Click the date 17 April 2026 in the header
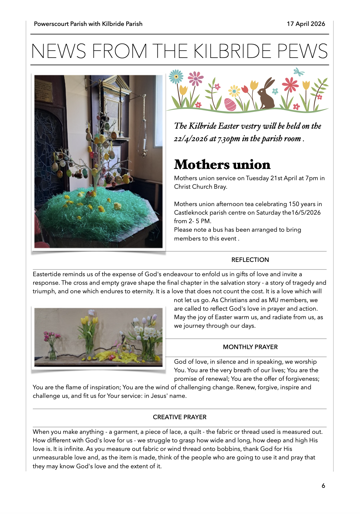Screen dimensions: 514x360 (x=306, y=24)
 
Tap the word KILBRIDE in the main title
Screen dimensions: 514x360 (x=232, y=51)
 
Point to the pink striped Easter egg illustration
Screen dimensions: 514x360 (x=230, y=104)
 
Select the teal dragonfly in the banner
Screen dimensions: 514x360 (x=299, y=72)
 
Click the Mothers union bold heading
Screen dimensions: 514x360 (x=222, y=165)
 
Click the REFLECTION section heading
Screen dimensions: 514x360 (x=250, y=260)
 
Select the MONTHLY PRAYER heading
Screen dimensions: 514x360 (x=250, y=347)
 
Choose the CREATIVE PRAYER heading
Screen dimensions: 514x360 (x=179, y=417)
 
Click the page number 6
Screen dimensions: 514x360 (x=323, y=486)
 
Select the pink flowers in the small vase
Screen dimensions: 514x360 (x=51, y=337)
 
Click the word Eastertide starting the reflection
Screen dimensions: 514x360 (x=47, y=274)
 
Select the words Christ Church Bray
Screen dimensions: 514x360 (x=200, y=187)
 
